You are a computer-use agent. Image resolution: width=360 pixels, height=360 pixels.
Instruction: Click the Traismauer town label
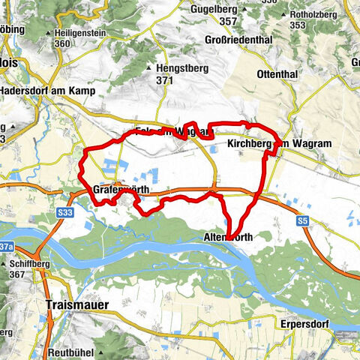pos(77,305)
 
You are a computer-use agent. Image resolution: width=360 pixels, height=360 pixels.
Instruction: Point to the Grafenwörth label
pos(122,192)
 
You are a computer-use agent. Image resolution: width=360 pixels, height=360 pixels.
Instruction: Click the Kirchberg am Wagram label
pos(278,142)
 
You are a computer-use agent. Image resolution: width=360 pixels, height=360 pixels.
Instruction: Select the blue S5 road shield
pos(301,221)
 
